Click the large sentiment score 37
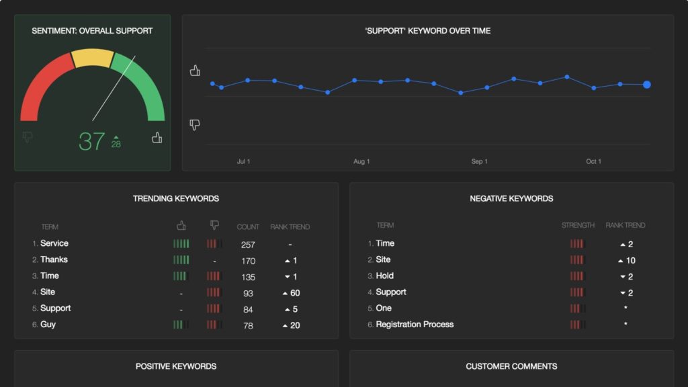click(92, 141)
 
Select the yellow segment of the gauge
click(93, 58)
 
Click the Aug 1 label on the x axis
click(361, 161)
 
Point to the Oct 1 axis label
click(593, 161)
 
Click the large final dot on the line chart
click(646, 85)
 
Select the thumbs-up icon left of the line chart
click(195, 71)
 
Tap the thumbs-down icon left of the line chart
click(195, 124)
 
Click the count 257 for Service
click(248, 245)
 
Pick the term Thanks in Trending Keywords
click(54, 259)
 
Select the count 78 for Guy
click(248, 325)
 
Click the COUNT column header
click(248, 227)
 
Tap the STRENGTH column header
click(578, 226)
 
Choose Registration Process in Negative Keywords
click(415, 325)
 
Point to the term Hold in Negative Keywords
click(385, 275)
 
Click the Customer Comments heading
click(511, 366)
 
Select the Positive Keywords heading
click(176, 366)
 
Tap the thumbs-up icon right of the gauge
click(157, 138)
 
